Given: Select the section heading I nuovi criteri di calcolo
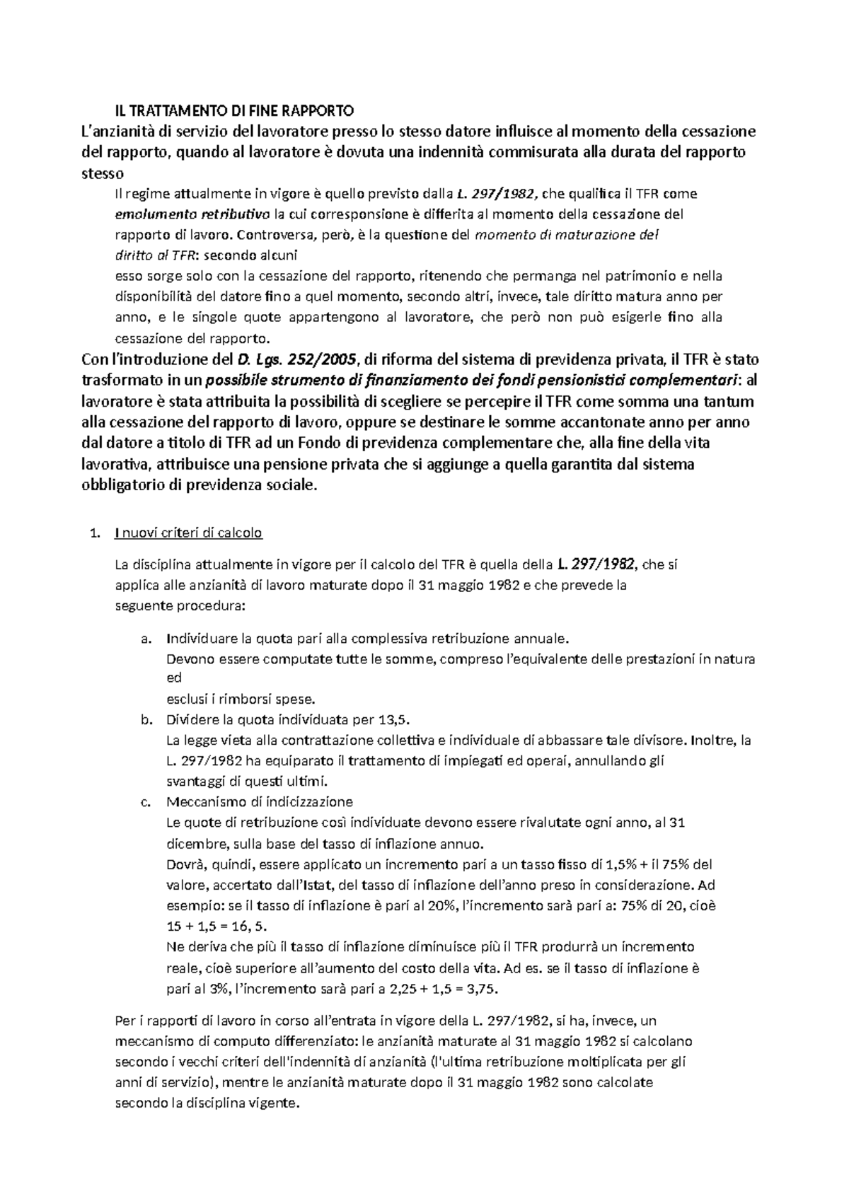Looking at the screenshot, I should pyautogui.click(x=188, y=533).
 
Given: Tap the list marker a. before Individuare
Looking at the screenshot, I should pyautogui.click(x=146, y=639).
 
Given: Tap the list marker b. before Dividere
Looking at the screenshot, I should pyautogui.click(x=146, y=719).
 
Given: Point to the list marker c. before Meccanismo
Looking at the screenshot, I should pyautogui.click(x=146, y=801).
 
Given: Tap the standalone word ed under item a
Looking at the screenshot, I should pyautogui.click(x=174, y=678).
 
